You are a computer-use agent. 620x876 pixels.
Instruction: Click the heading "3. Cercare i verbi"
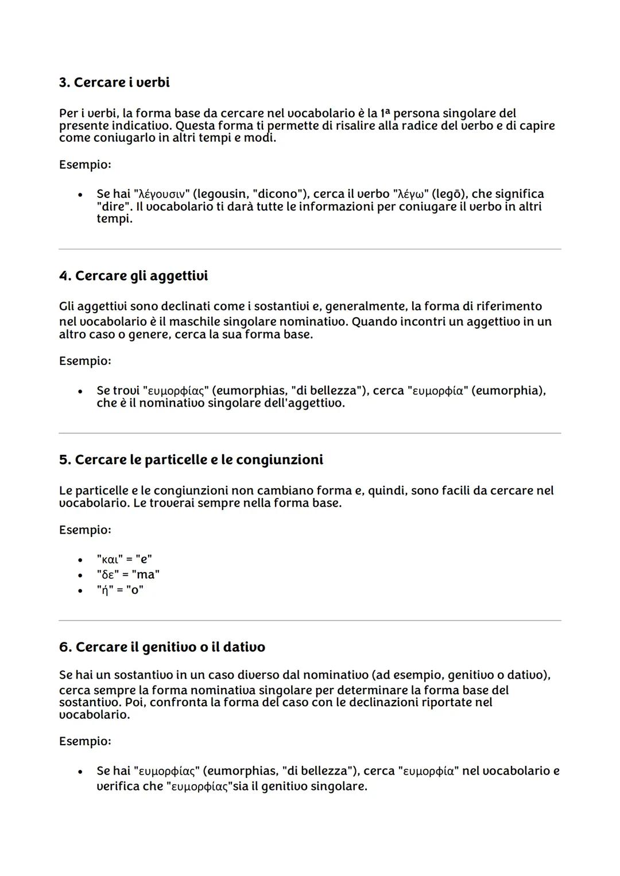coord(114,83)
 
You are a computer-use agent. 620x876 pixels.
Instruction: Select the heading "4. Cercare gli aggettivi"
coord(133,276)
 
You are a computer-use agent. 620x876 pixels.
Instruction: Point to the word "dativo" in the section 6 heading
coord(244,647)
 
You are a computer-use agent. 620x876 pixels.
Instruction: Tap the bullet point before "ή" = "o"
coord(80,590)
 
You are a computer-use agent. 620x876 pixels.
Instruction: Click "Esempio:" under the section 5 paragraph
coord(85,530)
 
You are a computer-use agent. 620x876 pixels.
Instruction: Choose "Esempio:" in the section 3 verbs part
coord(85,165)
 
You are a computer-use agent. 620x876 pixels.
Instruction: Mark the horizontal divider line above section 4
coord(310,249)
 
